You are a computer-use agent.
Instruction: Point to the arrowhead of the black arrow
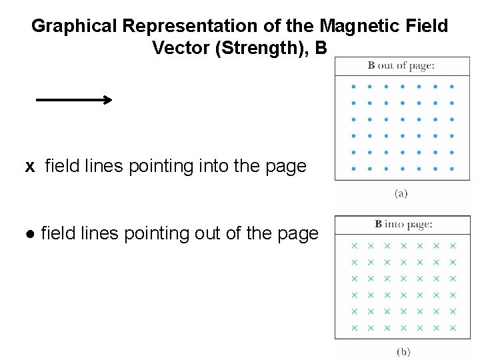(107, 100)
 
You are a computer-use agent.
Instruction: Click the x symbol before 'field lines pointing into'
(30, 166)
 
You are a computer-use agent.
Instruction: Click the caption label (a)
(401, 193)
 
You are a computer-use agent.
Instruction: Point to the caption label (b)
(403, 351)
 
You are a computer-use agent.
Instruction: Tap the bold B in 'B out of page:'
(371, 65)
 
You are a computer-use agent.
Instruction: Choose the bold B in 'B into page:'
(379, 224)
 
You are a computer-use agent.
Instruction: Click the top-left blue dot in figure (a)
(353, 86)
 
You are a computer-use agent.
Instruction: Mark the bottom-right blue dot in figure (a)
(452, 169)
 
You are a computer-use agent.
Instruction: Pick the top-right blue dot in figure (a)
(452, 86)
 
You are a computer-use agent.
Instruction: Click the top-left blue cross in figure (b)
(354, 246)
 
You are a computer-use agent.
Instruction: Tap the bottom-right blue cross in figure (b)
(453, 328)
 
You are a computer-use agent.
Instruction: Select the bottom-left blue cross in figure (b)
(354, 328)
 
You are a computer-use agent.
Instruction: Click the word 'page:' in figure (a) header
(423, 65)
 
